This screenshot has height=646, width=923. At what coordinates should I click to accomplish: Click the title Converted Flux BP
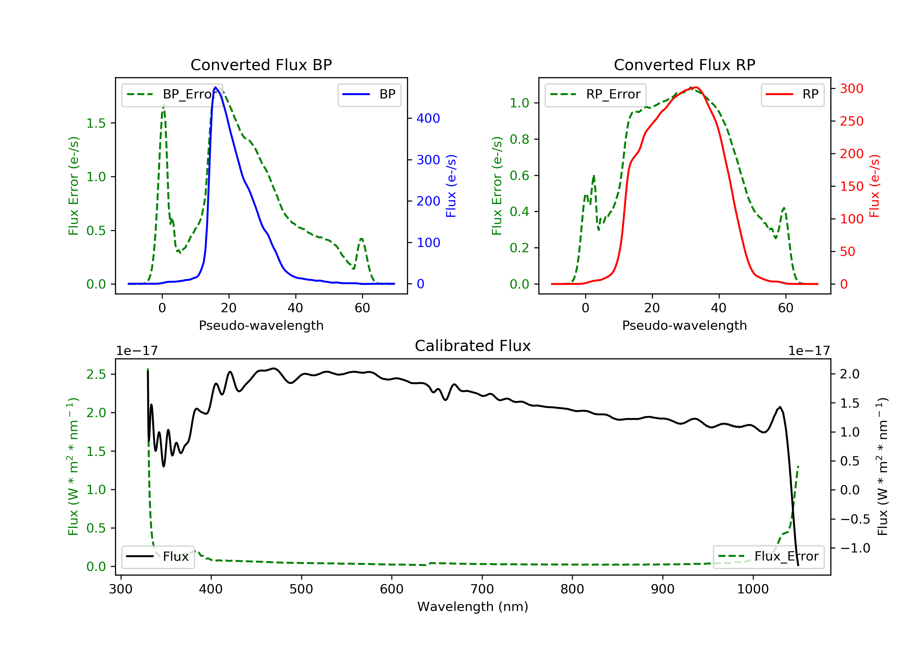pyautogui.click(x=261, y=65)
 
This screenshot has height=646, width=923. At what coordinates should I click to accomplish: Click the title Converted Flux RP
pyautogui.click(x=684, y=65)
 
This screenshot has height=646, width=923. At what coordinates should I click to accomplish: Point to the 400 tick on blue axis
pyautogui.click(x=428, y=118)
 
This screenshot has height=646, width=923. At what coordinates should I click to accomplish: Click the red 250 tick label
pyautogui.click(x=851, y=121)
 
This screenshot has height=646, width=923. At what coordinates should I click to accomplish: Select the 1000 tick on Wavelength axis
pyautogui.click(x=753, y=589)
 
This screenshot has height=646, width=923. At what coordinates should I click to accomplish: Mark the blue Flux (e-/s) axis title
pyautogui.click(x=451, y=186)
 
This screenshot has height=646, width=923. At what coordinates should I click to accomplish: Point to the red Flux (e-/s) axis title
pyautogui.click(x=874, y=186)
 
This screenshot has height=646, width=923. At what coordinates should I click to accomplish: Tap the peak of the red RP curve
pyautogui.click(x=696, y=87)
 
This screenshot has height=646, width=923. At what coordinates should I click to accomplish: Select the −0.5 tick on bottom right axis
pyautogui.click(x=855, y=519)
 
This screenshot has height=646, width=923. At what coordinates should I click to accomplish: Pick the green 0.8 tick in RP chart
pyautogui.click(x=519, y=139)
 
